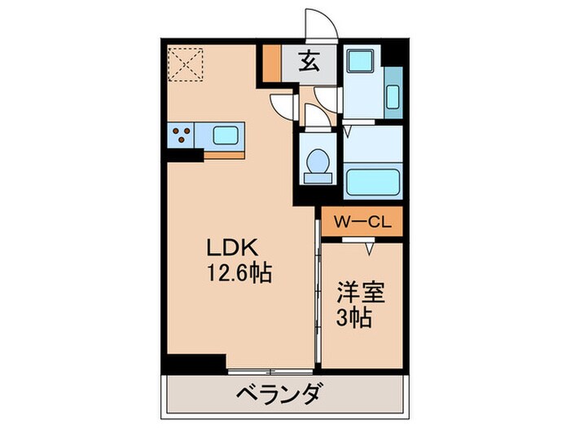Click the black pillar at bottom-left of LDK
coord(196,362)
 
